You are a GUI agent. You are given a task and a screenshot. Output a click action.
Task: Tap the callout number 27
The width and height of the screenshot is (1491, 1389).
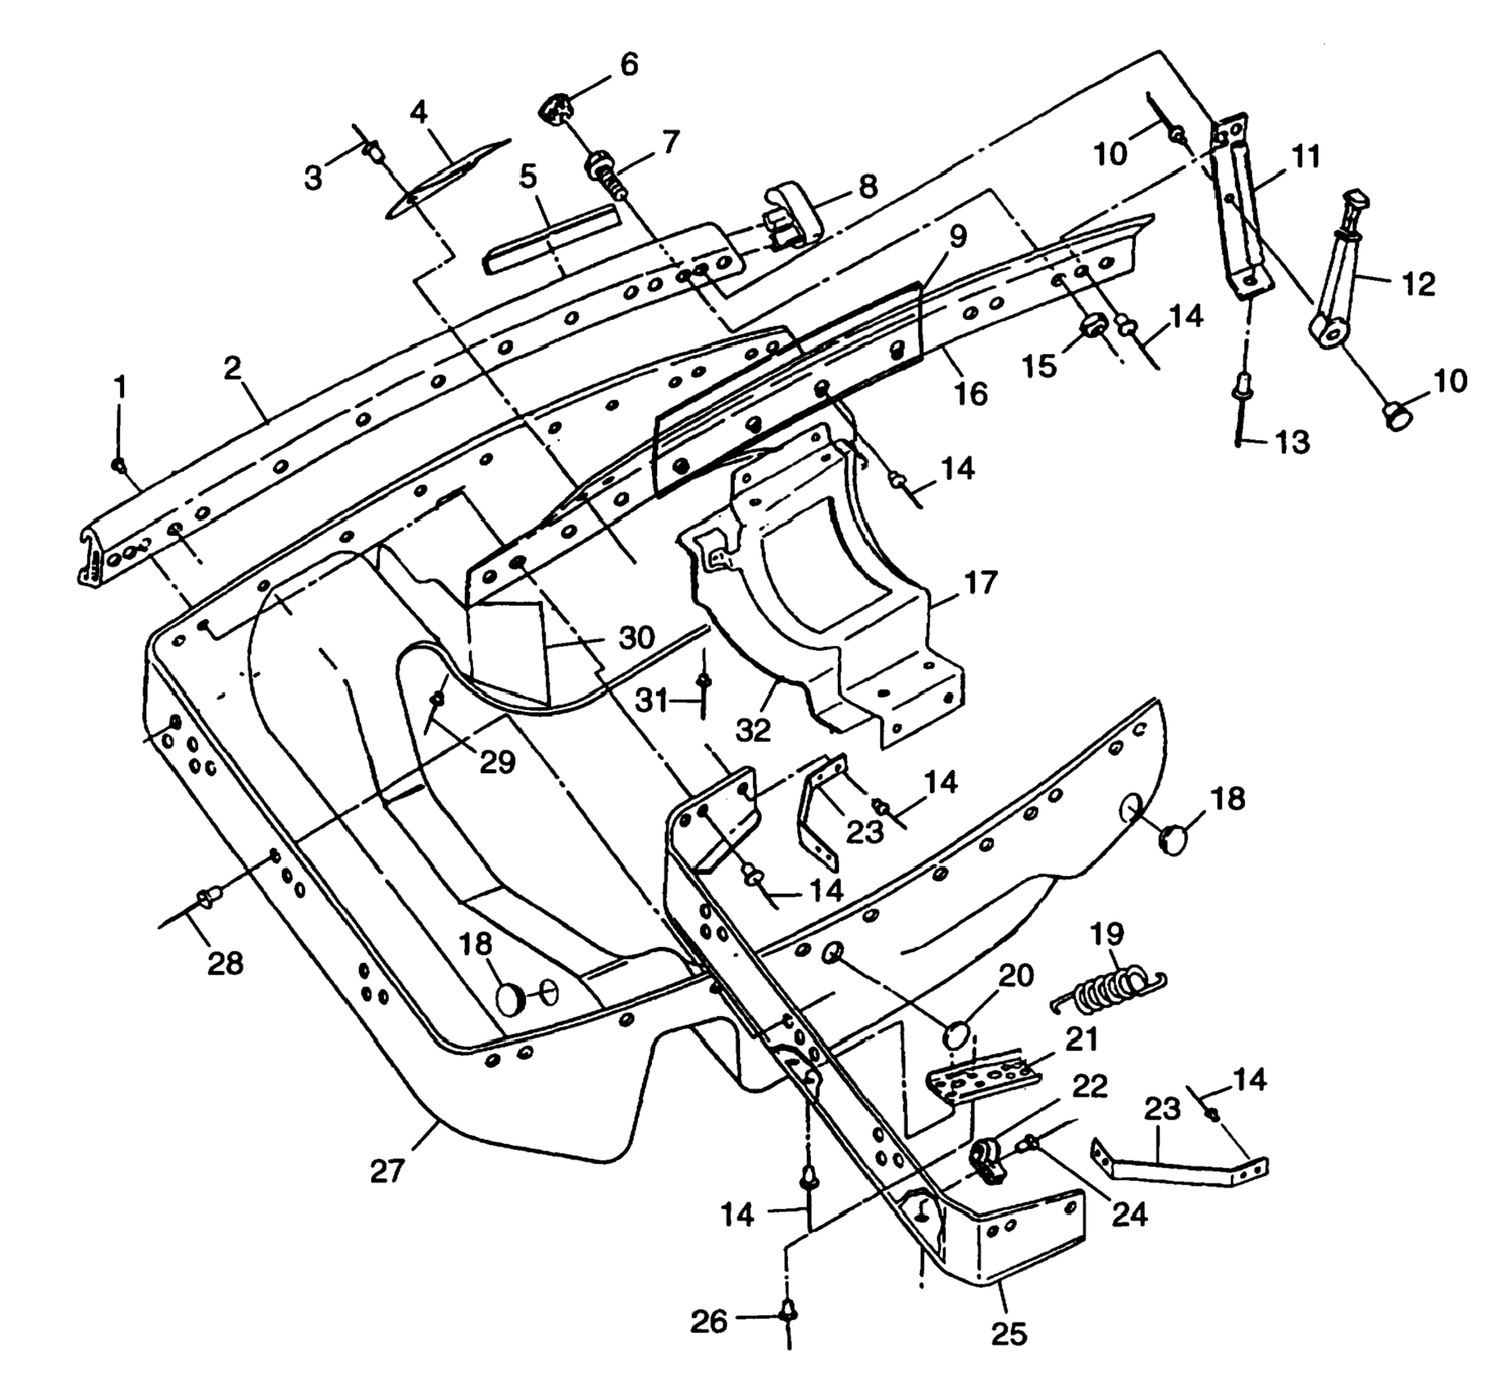(x=388, y=1171)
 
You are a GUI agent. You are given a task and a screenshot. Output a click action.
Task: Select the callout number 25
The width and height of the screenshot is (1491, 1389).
(x=1009, y=1334)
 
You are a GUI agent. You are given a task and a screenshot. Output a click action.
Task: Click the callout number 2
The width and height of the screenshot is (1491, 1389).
(x=234, y=369)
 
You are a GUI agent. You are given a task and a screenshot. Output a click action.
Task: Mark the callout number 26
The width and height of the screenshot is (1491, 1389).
(x=709, y=1322)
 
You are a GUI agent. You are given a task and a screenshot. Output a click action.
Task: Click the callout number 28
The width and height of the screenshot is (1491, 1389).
(x=225, y=963)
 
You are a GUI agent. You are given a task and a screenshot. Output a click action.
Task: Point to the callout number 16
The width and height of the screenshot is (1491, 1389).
(x=971, y=393)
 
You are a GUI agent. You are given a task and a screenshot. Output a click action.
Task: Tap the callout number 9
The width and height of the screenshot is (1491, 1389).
(x=958, y=235)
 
